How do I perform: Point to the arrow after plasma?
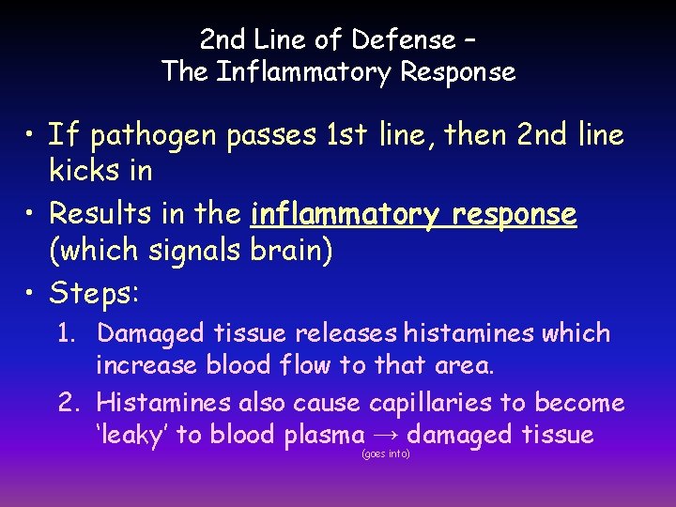coord(386,436)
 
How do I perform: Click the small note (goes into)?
coord(385,454)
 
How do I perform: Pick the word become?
coord(580,404)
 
